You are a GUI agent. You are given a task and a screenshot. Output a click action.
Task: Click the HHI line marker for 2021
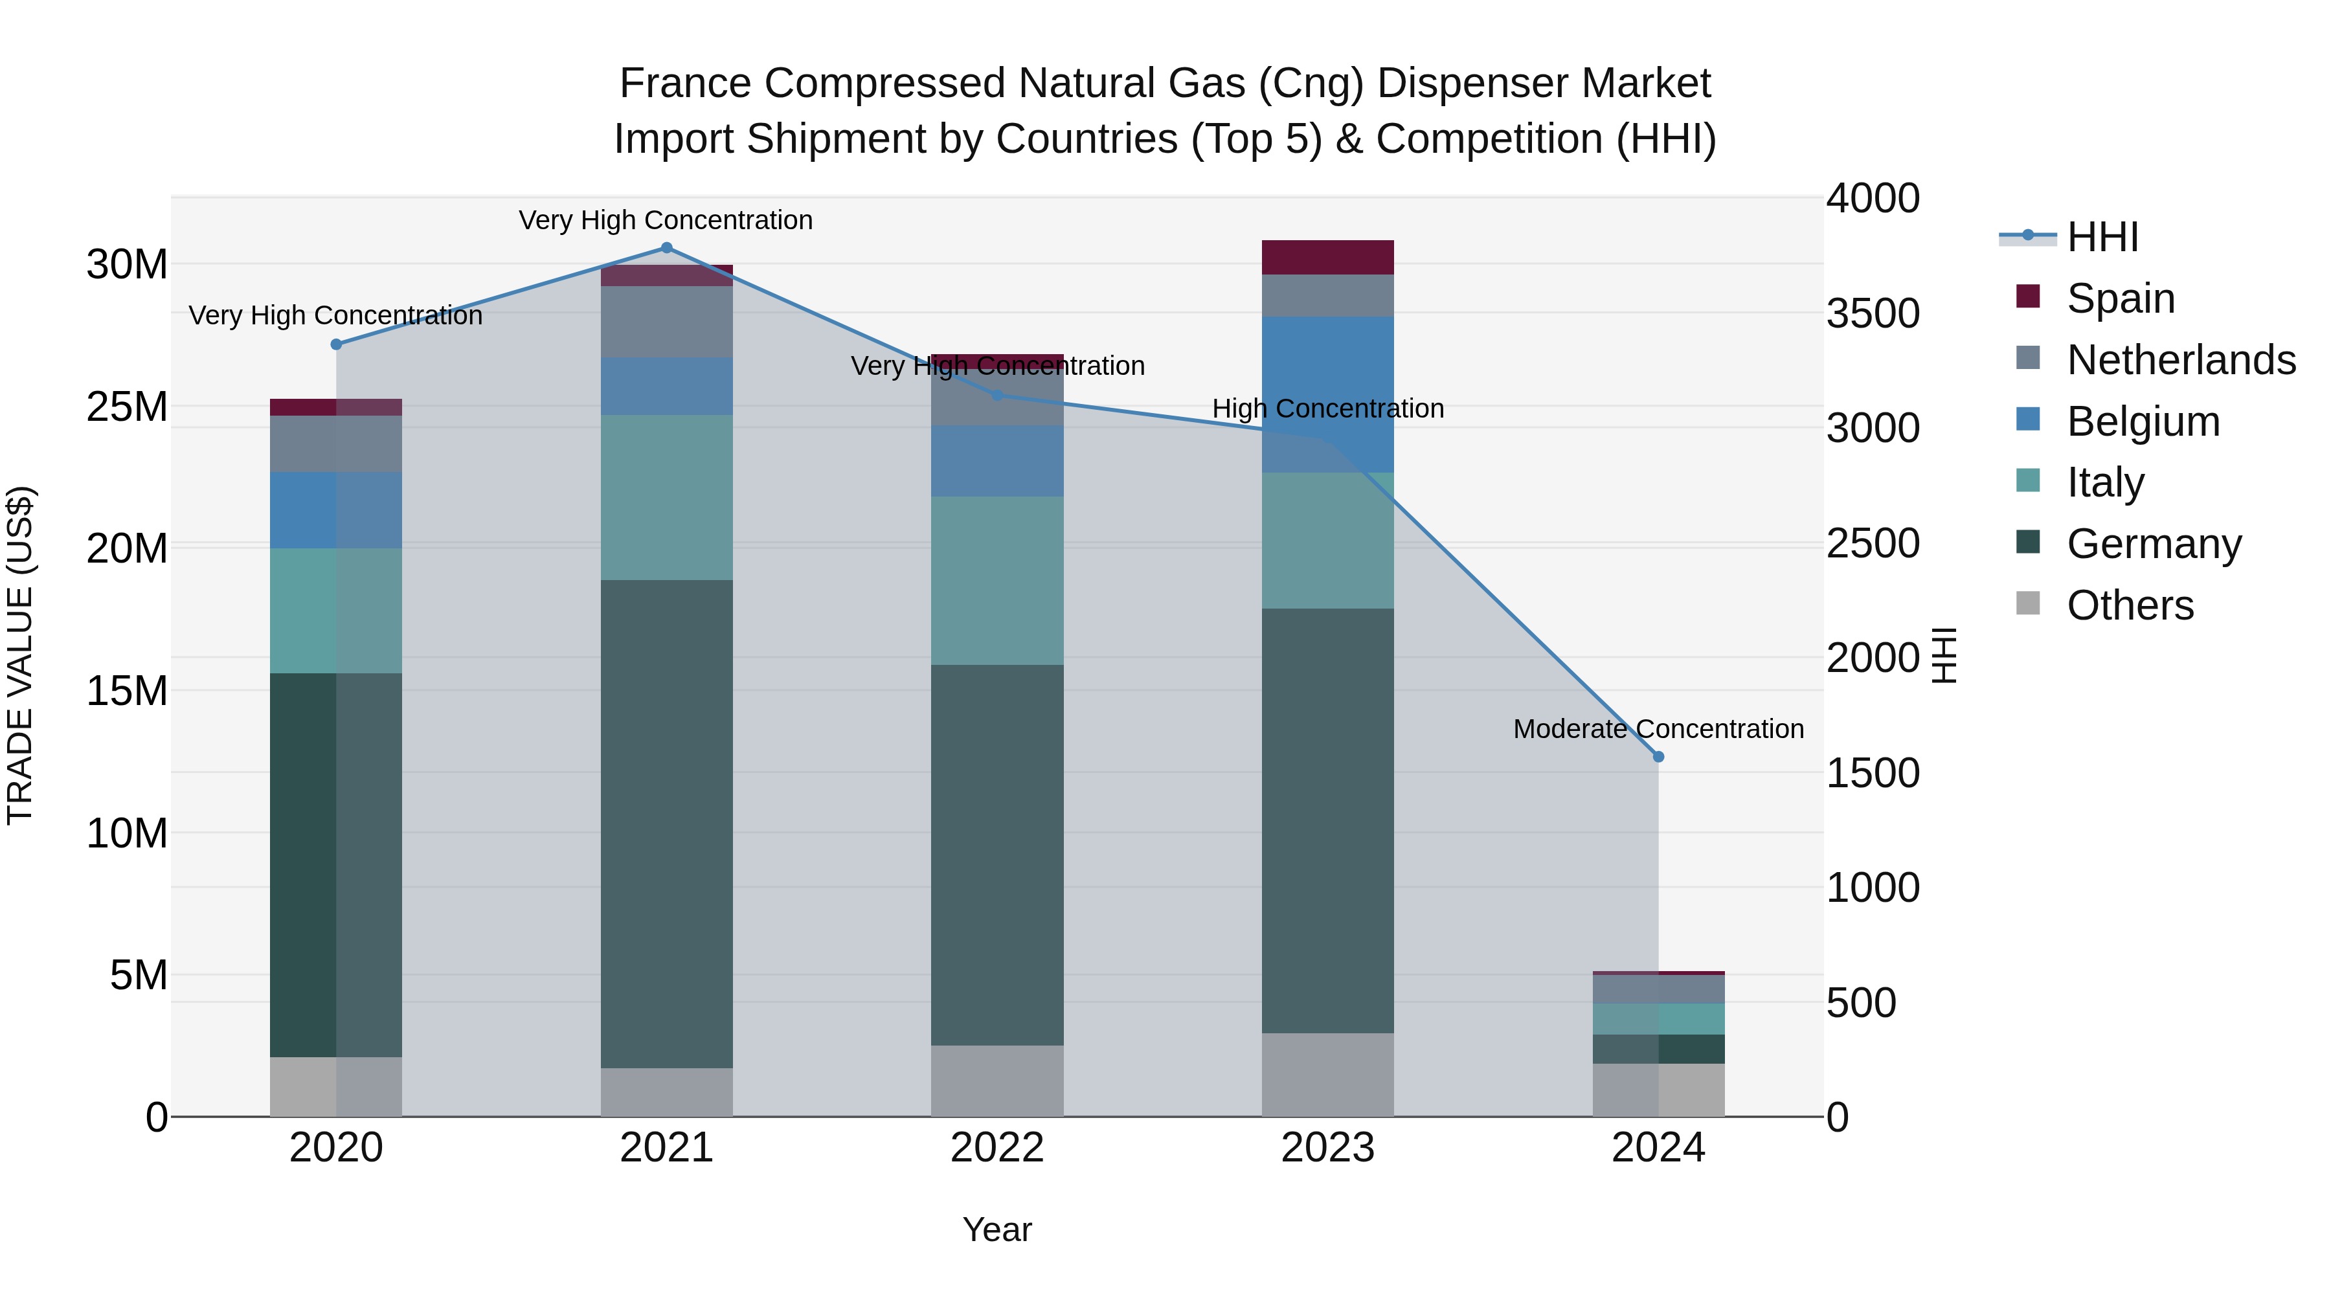tap(667, 248)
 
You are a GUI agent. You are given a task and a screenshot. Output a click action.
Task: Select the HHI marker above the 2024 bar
tap(1659, 756)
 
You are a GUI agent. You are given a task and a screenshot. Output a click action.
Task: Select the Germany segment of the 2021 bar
tap(667, 824)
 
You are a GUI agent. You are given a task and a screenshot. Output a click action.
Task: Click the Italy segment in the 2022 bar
tap(997, 581)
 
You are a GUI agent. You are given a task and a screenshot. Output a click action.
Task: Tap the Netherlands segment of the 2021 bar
tap(667, 321)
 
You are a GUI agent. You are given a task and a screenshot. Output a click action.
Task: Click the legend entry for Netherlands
tap(2181, 360)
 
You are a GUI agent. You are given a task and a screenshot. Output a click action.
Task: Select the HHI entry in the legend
tap(2102, 237)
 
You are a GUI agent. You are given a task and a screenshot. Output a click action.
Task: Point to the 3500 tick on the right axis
tap(1872, 314)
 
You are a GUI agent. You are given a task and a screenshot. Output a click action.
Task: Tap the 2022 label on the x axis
tap(997, 1148)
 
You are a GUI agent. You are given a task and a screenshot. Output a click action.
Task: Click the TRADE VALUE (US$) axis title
tap(20, 655)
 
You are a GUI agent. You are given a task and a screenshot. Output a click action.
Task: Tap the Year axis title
tap(997, 1229)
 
